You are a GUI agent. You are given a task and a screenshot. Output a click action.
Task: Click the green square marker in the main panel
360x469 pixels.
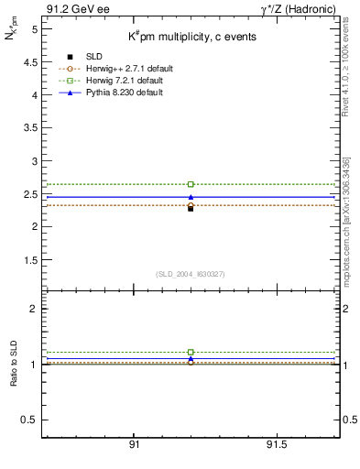191,184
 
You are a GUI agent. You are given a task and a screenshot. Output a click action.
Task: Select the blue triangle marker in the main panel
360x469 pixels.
191,197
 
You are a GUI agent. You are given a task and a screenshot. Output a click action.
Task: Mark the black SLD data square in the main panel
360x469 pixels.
191,208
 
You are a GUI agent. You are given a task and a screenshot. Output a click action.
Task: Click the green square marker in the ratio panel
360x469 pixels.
191,352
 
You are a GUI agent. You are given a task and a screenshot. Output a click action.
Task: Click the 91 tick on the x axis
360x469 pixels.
135,444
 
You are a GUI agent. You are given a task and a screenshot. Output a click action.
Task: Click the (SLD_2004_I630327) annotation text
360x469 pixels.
191,274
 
